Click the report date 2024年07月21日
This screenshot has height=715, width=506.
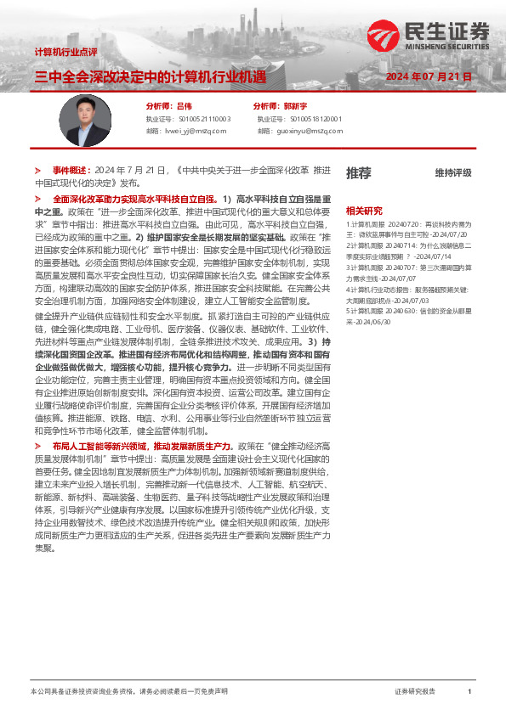pos(429,77)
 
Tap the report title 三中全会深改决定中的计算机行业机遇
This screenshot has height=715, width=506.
pos(150,77)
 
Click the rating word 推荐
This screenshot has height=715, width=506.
pos(358,173)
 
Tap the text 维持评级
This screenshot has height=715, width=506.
pos(452,173)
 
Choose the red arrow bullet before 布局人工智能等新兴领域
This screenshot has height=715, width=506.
pos(37,444)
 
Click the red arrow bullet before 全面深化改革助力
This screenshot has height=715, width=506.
pos(37,197)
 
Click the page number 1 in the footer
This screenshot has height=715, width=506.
pos(469,692)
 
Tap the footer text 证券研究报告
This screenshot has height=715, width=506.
pos(415,692)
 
